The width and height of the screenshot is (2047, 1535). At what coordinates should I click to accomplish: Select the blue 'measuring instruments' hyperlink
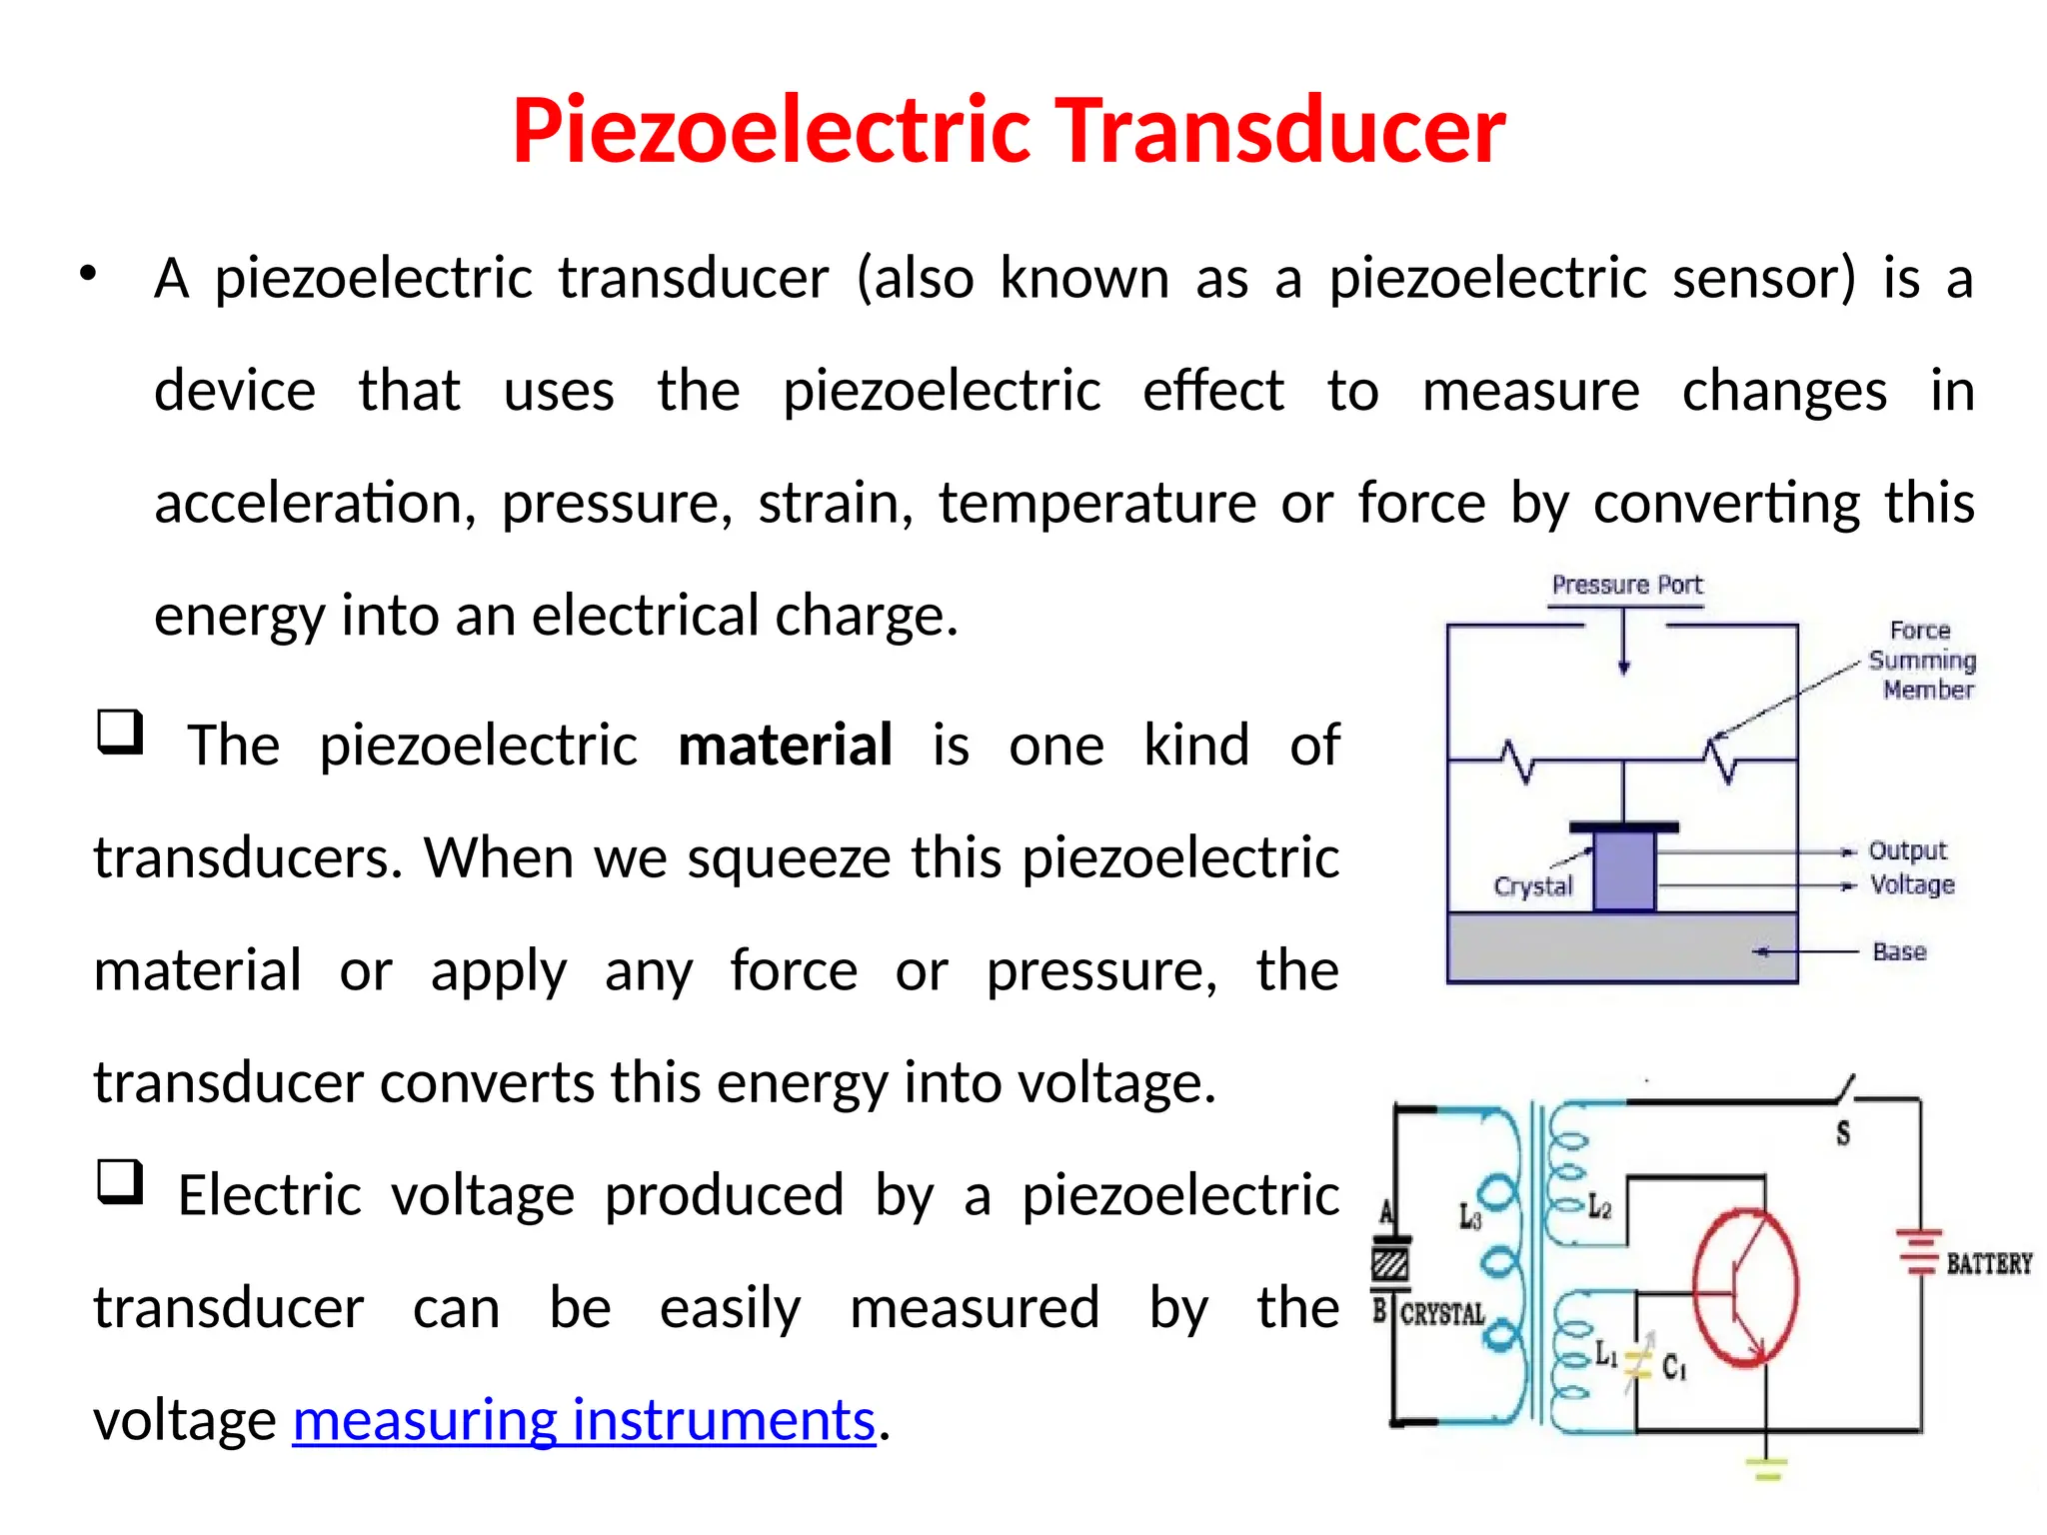tap(584, 1420)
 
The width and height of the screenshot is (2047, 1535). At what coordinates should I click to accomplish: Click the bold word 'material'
tap(785, 746)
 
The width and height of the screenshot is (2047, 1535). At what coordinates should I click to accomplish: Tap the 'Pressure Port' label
tap(1626, 585)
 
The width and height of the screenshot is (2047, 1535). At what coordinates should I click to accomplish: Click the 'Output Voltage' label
tap(1910, 867)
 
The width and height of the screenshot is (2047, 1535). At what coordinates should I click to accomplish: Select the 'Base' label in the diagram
tap(1899, 951)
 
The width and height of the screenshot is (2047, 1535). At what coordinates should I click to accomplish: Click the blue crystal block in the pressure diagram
tap(1624, 871)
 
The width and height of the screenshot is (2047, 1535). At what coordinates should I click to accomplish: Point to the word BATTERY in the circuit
tap(1989, 1264)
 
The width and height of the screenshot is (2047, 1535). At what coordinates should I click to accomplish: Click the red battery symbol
tap(1920, 1252)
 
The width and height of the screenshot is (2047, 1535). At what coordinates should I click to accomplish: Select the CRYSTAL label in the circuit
tap(1442, 1314)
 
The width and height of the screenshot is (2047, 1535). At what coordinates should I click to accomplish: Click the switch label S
tap(1843, 1133)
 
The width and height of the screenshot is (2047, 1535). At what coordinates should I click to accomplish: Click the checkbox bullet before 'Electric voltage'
tap(120, 1182)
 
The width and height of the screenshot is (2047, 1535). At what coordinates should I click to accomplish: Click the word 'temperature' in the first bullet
tap(1096, 503)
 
